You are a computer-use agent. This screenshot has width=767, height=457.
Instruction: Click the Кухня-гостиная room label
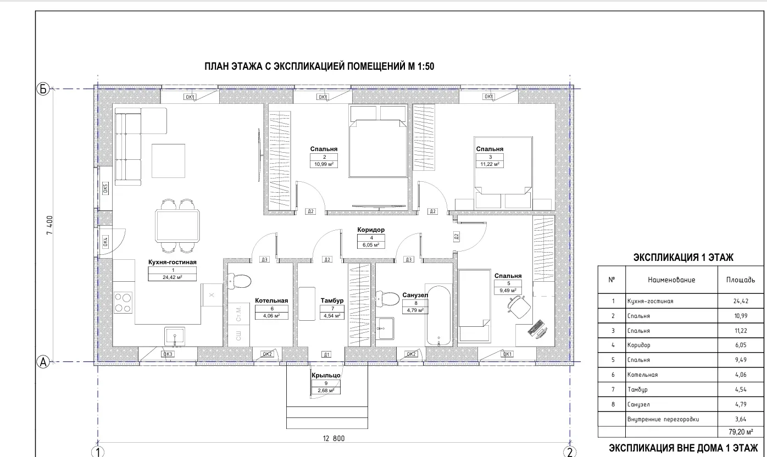172,262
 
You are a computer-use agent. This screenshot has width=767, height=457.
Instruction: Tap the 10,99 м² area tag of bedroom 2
324,164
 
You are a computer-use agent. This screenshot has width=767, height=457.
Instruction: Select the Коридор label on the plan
371,230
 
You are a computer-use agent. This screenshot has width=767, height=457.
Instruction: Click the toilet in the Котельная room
240,281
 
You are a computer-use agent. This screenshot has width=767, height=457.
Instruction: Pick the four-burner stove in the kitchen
123,302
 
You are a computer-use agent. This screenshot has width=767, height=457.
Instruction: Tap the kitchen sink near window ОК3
175,336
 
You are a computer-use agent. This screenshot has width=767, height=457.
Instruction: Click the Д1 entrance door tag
327,355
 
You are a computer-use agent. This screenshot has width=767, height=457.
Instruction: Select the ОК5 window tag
105,188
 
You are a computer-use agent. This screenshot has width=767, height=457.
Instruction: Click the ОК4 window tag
105,242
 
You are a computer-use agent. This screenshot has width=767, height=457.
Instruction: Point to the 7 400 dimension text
50,225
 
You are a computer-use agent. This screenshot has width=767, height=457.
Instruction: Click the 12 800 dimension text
334,438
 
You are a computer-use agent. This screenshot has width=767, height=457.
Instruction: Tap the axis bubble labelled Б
43,89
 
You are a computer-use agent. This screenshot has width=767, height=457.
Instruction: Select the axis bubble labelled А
43,362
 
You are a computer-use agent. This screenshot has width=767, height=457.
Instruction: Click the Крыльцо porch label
326,376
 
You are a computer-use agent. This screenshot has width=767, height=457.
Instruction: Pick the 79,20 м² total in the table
741,432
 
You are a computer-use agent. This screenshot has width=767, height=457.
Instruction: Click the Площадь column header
741,280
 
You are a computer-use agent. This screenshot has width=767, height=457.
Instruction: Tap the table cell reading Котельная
642,375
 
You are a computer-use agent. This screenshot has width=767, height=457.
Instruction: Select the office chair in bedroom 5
519,307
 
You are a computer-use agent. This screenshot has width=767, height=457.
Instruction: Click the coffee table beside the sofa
169,161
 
